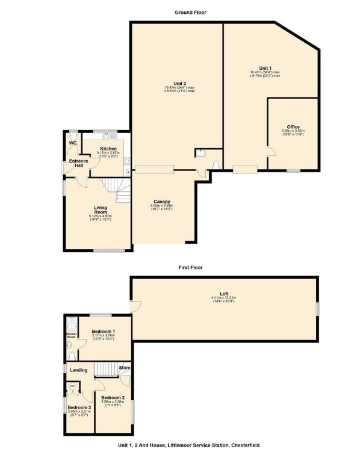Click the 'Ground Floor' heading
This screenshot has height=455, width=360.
click(191, 12)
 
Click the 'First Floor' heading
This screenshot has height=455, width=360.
click(191, 266)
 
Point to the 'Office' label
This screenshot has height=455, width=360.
click(293, 126)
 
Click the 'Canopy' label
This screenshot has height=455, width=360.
click(161, 202)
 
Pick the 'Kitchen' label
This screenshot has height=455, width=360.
click(108, 148)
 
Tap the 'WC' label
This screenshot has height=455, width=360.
click(73, 143)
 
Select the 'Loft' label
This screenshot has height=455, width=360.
click(223, 293)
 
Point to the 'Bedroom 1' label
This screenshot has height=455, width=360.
click(104, 331)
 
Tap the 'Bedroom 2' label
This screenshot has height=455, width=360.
click(113, 397)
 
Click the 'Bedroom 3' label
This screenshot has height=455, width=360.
click(78, 407)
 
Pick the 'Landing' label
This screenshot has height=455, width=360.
click(78, 370)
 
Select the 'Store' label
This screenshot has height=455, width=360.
click(125, 367)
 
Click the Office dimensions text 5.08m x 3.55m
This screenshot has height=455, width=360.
click(293, 131)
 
